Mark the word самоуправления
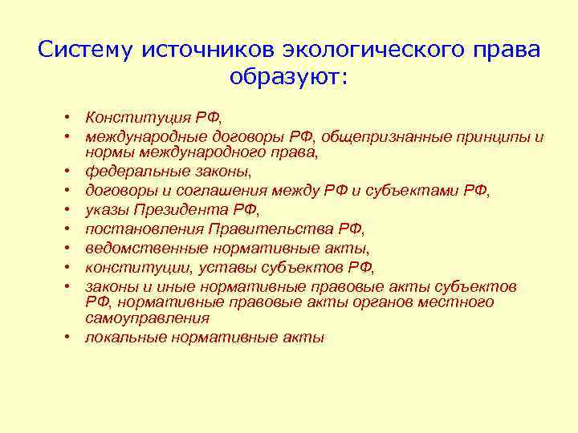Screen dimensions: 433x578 [142, 318]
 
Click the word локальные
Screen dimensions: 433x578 [124, 338]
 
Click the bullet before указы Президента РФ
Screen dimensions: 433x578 [71, 210]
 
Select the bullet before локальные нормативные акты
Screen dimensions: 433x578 [71, 338]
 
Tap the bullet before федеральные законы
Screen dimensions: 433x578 [71, 172]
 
